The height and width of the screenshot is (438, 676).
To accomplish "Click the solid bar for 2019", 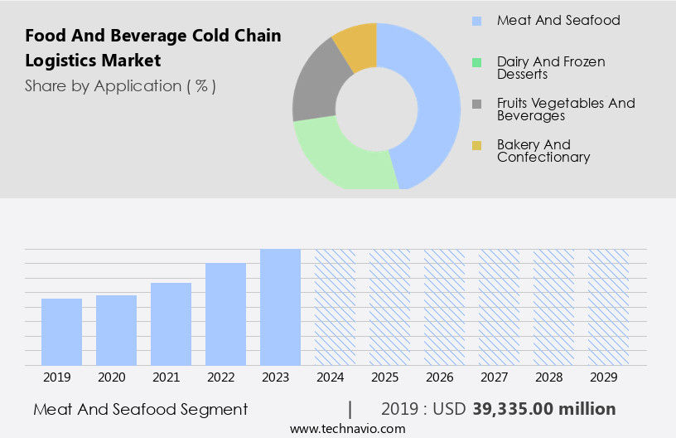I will (61, 332).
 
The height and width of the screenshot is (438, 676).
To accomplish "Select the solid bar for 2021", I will (171, 324).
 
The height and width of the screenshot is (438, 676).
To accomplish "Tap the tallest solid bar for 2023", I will (280, 307).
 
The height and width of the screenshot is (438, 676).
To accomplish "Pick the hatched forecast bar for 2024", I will (335, 307).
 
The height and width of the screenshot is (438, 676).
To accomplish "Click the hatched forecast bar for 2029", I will (608, 307).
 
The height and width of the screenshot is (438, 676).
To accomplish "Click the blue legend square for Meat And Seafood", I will (476, 21).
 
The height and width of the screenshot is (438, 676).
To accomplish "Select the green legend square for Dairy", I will (476, 62).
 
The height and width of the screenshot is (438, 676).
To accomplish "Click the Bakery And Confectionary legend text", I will (543, 151).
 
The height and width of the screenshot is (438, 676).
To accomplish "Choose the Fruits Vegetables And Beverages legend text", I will (566, 109).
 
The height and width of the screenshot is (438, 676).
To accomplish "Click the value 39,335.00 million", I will (543, 409).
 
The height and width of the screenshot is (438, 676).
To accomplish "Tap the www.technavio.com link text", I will (347, 429).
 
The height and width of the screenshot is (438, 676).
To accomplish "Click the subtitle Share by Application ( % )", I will (120, 86).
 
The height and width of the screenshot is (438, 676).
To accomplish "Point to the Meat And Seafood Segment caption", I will (141, 409).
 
